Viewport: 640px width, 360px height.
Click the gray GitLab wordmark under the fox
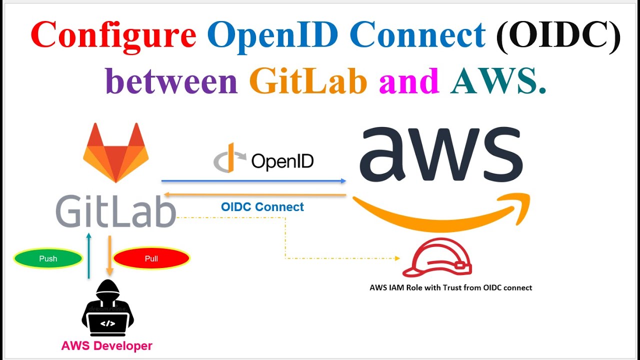point(116,211)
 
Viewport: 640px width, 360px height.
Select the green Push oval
point(48,258)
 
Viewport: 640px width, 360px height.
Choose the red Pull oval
point(151,258)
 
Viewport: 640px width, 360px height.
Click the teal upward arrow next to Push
point(88,255)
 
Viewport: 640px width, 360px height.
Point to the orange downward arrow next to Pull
point(109,255)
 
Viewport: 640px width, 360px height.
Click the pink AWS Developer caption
point(106,345)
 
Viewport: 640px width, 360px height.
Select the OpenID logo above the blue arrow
point(263,160)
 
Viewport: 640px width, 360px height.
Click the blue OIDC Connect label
point(262,207)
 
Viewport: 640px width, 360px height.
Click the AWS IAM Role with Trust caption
point(450,287)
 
